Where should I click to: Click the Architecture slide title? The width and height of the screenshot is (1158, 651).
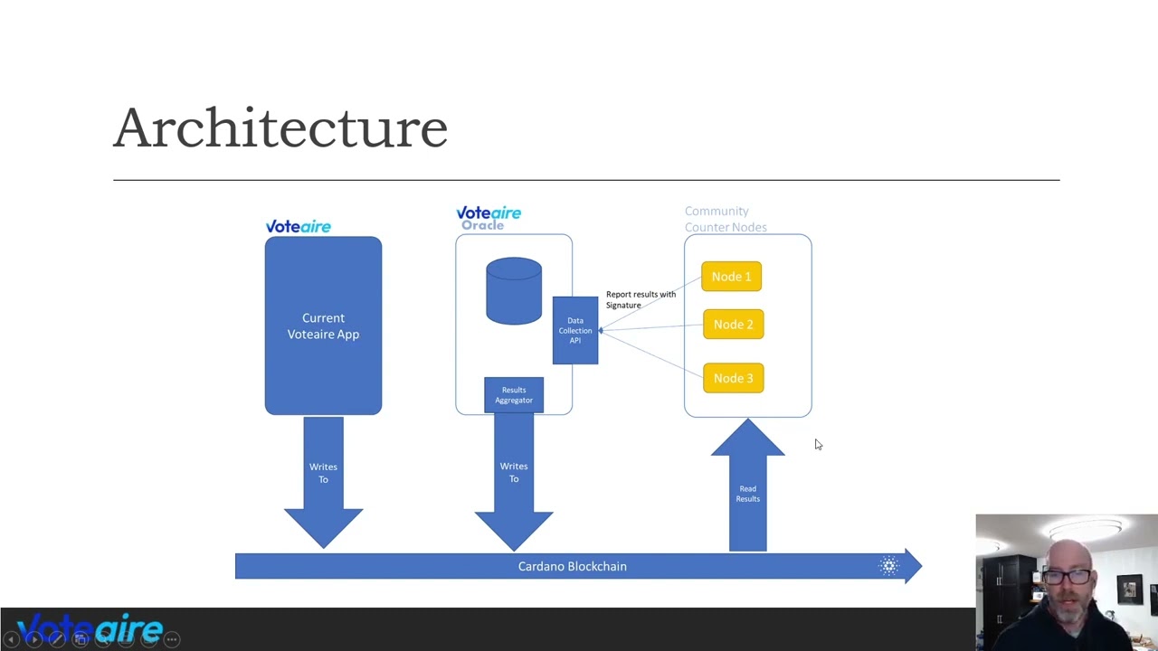pyautogui.click(x=280, y=127)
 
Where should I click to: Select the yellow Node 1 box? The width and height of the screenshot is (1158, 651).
pyautogui.click(x=731, y=277)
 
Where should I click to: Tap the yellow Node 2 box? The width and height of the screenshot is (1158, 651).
pyautogui.click(x=733, y=325)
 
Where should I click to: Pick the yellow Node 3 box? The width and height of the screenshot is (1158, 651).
pyautogui.click(x=733, y=378)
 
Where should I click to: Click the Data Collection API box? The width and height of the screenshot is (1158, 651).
pyautogui.click(x=575, y=330)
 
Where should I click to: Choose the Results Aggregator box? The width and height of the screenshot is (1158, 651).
pyautogui.click(x=514, y=395)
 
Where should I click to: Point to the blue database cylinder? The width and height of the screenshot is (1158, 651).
pyautogui.click(x=514, y=291)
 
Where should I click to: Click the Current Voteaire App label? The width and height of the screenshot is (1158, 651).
pyautogui.click(x=323, y=326)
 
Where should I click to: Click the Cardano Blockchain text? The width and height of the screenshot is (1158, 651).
pyautogui.click(x=572, y=566)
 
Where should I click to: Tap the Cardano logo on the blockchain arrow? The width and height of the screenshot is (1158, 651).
pyautogui.click(x=889, y=566)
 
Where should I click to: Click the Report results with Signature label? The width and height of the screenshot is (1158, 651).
pyautogui.click(x=641, y=299)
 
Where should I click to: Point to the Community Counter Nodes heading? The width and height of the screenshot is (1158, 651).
pyautogui.click(x=726, y=219)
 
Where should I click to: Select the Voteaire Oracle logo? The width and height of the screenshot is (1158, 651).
pyautogui.click(x=489, y=218)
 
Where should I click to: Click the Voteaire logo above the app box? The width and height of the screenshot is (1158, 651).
pyautogui.click(x=298, y=226)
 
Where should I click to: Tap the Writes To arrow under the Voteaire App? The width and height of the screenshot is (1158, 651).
pyautogui.click(x=323, y=479)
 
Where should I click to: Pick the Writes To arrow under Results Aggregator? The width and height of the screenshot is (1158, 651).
pyautogui.click(x=514, y=479)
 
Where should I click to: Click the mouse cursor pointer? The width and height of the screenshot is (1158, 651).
pyautogui.click(x=818, y=444)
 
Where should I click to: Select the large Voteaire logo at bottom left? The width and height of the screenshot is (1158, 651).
pyautogui.click(x=90, y=627)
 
